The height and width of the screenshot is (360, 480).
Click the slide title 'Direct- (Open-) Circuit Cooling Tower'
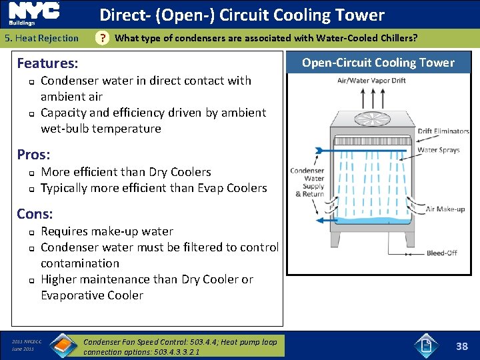242,15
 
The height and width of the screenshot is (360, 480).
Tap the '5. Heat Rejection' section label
41,38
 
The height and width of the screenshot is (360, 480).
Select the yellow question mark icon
102,39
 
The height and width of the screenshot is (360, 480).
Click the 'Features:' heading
47,63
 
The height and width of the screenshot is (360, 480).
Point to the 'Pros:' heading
33,154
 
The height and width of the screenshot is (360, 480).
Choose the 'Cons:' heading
35,214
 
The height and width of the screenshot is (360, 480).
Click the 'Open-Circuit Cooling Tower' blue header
378,63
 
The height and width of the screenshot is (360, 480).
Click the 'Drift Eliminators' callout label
443,131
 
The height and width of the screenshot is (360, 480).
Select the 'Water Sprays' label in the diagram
438,150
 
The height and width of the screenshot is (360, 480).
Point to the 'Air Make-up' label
445,209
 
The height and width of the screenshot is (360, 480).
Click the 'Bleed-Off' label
443,253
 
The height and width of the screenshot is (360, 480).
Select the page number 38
461,346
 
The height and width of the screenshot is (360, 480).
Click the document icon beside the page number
426,345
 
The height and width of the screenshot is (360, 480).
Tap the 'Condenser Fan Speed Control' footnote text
180,345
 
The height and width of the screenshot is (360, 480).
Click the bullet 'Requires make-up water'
107,231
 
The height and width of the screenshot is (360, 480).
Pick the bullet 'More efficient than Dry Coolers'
125,172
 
